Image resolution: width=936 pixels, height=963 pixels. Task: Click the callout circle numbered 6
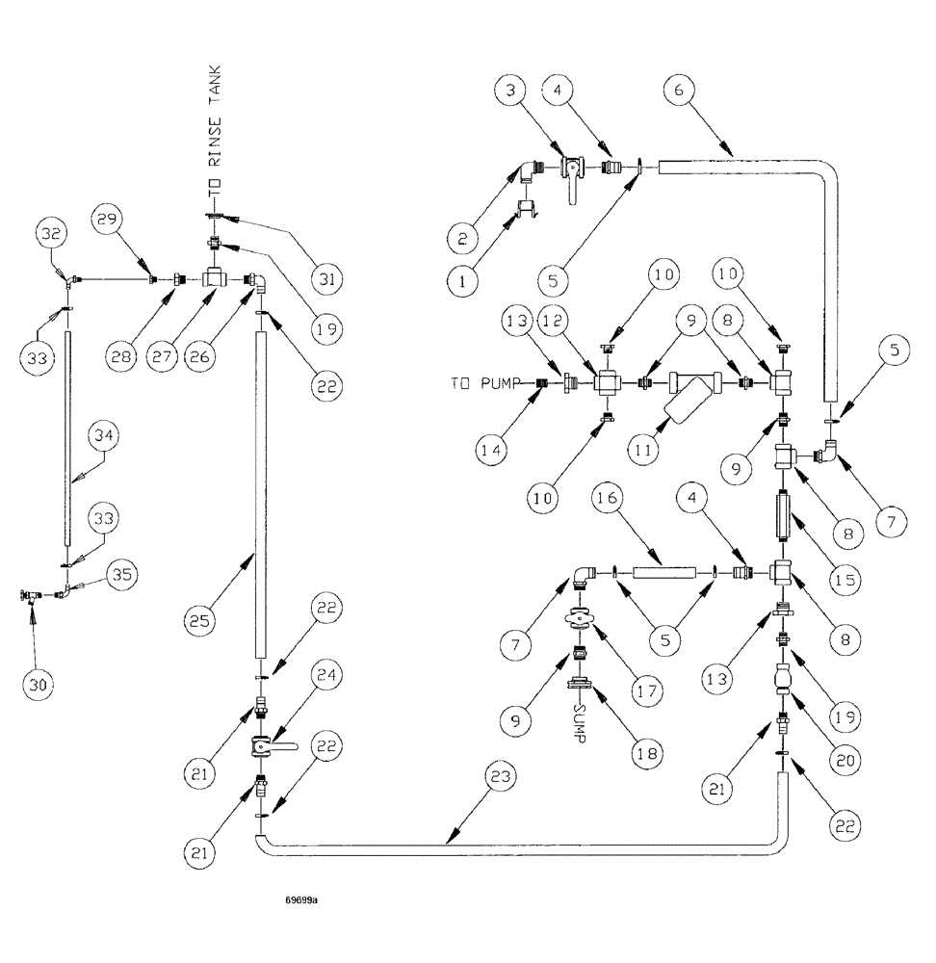pyautogui.click(x=679, y=94)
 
